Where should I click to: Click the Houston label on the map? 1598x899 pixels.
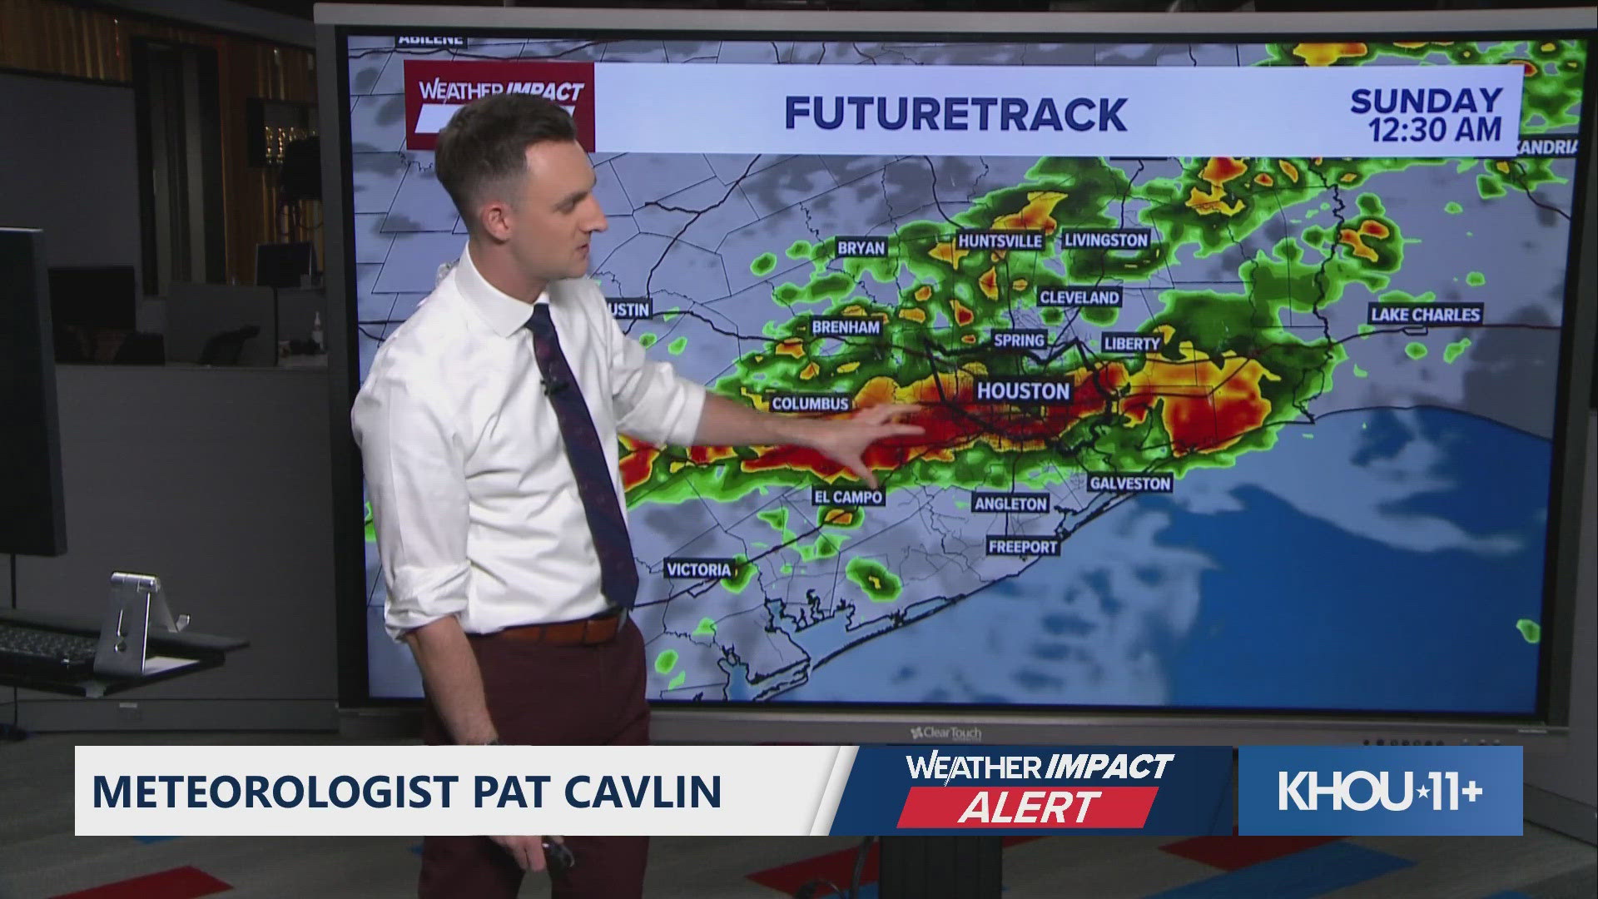point(1023,390)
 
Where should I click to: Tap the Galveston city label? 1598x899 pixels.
point(1129,483)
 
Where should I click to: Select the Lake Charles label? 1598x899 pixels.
point(1425,314)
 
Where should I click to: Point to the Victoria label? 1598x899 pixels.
point(698,569)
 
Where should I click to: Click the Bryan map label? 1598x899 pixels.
point(861,247)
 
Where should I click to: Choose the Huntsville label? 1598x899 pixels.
point(1000,241)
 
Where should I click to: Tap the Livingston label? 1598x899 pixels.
point(1105,240)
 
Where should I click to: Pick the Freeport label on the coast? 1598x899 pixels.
point(1022,546)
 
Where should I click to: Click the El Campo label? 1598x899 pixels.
point(846,496)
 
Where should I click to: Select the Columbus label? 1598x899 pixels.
point(810,404)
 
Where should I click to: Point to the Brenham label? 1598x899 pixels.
point(846,327)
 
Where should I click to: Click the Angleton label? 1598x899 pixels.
point(1010,504)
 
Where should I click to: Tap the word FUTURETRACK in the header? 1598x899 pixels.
point(955,113)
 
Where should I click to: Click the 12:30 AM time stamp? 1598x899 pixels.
point(1435,129)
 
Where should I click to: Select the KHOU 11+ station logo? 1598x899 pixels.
point(1380,791)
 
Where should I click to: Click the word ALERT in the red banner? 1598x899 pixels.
point(1029,807)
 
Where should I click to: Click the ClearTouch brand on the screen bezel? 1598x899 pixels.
point(946,733)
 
